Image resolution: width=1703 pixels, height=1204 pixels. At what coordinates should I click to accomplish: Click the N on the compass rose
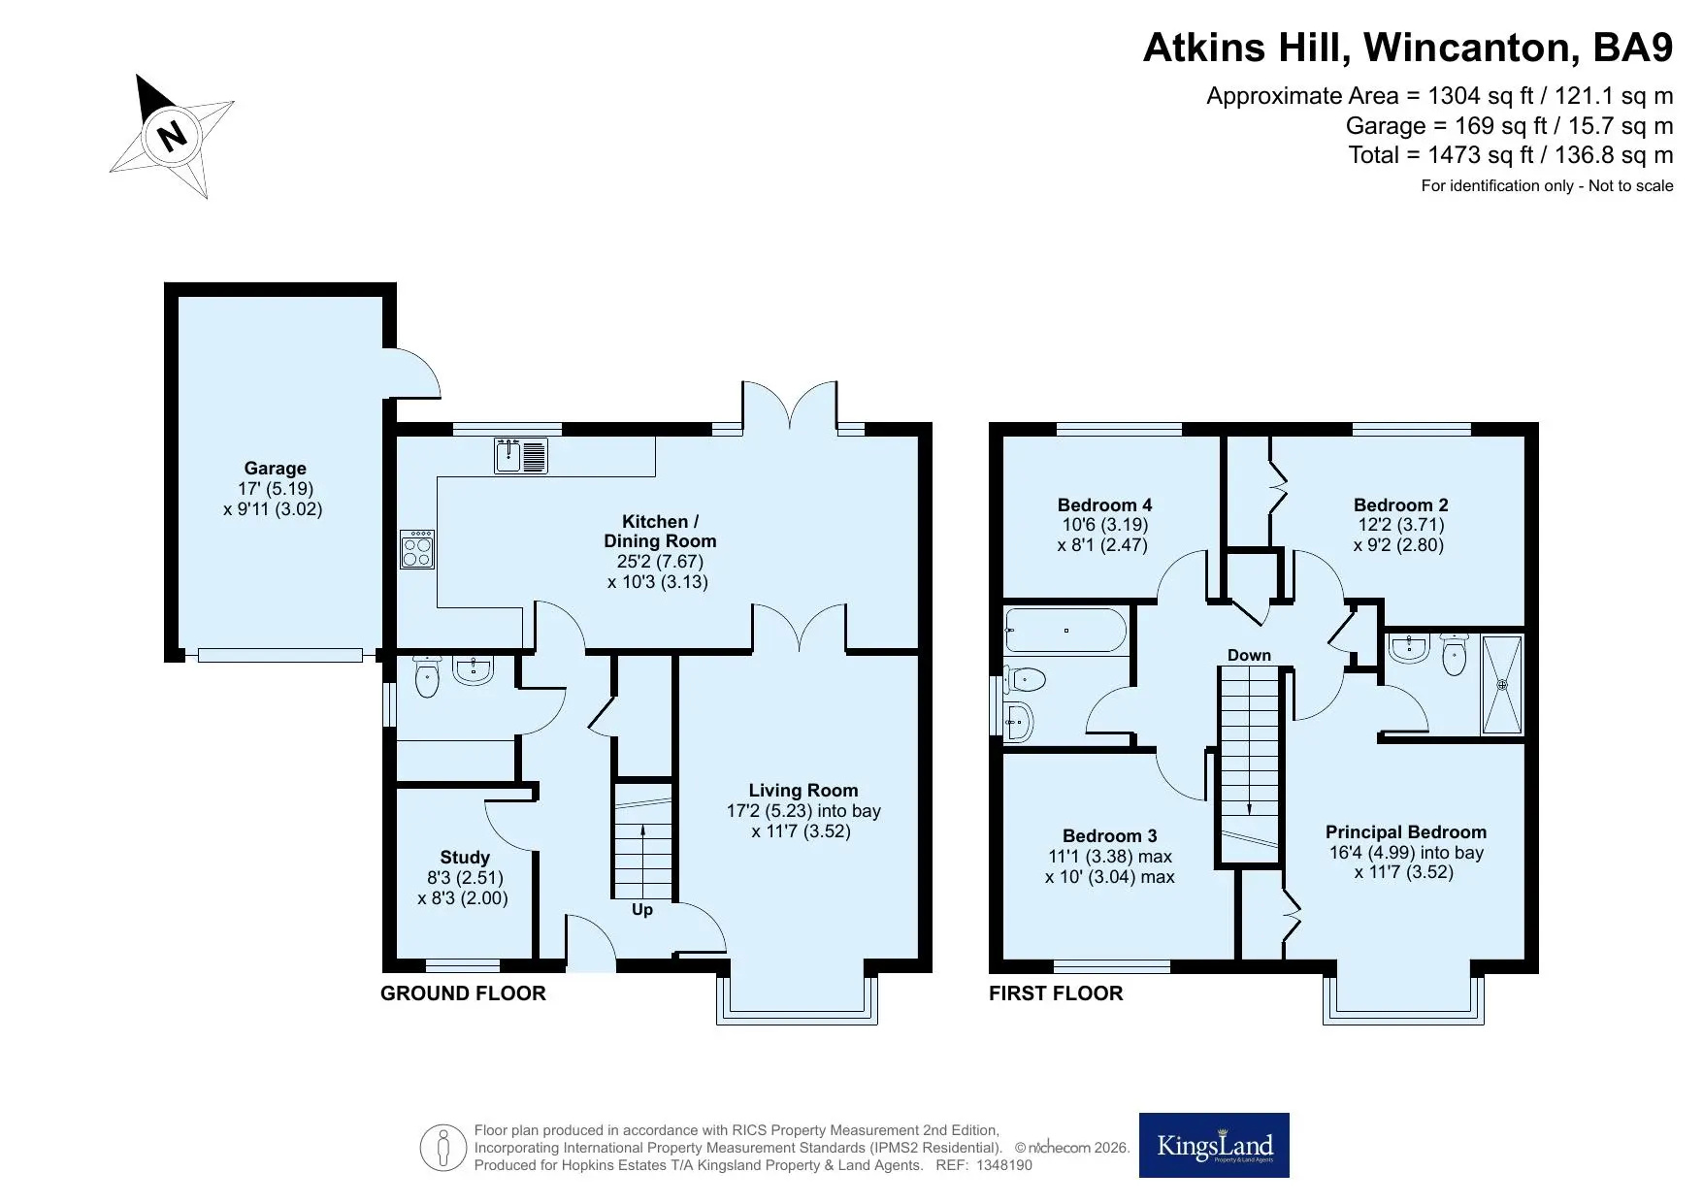(173, 135)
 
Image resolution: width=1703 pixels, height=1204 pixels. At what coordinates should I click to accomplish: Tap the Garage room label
(275, 469)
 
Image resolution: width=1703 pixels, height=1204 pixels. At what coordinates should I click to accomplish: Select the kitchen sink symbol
(521, 456)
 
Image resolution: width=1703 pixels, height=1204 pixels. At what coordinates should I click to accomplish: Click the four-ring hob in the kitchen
(417, 549)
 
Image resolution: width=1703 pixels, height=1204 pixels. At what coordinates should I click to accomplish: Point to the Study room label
(465, 858)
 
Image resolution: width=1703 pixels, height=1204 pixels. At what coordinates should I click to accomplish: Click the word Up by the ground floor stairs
(642, 910)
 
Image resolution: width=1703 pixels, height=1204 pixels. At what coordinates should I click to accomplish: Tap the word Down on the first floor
(1249, 655)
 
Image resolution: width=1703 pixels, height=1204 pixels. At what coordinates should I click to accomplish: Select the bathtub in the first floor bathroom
(1066, 631)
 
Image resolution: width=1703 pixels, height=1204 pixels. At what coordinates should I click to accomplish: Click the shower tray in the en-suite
(1502, 684)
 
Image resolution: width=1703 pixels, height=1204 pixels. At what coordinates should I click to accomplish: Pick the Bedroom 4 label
(1104, 505)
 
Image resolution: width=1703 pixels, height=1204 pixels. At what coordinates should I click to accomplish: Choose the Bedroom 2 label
(1400, 505)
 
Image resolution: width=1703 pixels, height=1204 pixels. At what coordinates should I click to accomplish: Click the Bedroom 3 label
(1109, 836)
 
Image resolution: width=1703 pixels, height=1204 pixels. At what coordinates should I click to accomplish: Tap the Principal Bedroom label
(1406, 832)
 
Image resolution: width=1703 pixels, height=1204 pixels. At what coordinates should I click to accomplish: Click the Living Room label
(803, 791)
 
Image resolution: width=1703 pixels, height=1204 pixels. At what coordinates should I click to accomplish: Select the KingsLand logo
(1214, 1146)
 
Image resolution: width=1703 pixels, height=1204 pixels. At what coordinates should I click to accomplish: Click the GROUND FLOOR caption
(463, 993)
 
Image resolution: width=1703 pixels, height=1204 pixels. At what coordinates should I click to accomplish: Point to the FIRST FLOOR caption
(1056, 993)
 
